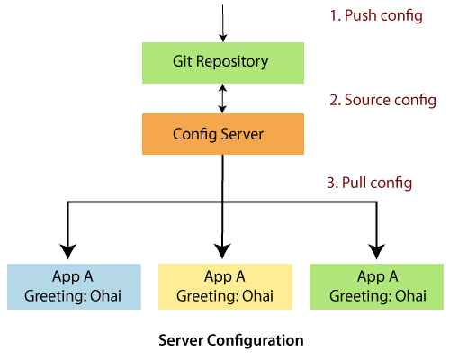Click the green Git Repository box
coord(223,63)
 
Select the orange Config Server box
coord(223,134)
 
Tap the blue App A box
coord(74,286)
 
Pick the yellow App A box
coord(225,286)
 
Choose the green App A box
coord(376,286)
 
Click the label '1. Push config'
coord(376,15)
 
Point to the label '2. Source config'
coord(382,100)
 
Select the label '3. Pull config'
coord(370,183)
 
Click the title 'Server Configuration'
coord(231,341)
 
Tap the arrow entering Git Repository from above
coord(222,23)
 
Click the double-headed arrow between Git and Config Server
coord(222,98)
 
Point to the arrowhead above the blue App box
coord(68,251)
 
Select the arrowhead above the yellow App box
coord(222,251)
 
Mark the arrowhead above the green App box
coord(376,251)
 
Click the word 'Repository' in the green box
coord(232,62)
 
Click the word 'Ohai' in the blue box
coord(105,296)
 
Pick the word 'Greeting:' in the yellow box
coord(208,297)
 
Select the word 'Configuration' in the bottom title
coord(256,341)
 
